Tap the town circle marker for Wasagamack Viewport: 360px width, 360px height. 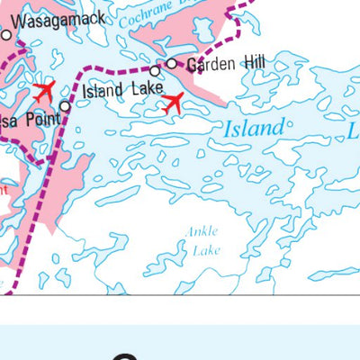pos(6,36)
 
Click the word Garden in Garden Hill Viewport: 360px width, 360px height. pos(208,64)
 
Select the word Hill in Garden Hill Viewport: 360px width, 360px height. pos(252,64)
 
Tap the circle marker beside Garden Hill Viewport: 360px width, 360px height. pos(172,63)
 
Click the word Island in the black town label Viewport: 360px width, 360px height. pos(102,91)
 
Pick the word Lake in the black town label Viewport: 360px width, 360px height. pos(147,89)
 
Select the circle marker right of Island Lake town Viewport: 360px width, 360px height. pos(155,70)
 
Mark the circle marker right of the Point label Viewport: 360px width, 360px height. pos(65,106)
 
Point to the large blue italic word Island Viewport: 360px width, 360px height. pos(253,130)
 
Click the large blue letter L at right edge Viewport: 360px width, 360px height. pos(351,134)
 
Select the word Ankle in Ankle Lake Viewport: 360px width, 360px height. pos(202,232)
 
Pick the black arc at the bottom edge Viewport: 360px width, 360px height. pos(126,356)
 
